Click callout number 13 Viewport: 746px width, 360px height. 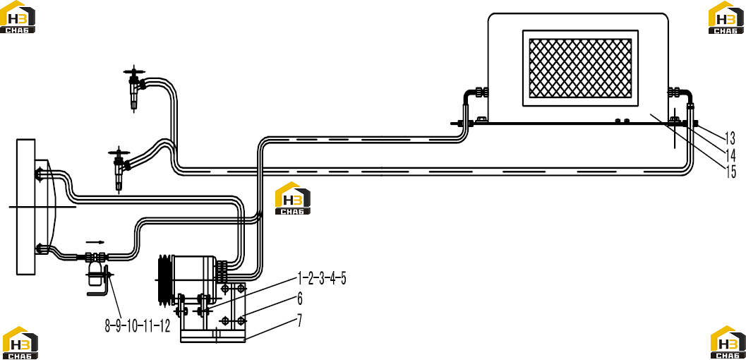click(730, 138)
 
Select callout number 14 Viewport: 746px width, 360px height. click(730, 155)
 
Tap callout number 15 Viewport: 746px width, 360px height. click(730, 172)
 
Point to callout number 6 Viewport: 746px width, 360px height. click(300, 299)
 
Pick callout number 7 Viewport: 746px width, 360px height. click(300, 320)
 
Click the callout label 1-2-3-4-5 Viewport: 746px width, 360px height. click(322, 278)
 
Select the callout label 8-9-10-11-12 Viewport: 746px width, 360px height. click(137, 326)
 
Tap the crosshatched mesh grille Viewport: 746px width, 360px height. click(580, 66)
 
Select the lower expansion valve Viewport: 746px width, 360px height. click(119, 167)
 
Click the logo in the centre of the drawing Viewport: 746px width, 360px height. click(293, 198)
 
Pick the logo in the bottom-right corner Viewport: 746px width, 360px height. click(728, 342)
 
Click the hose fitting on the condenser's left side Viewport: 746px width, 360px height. click(476, 92)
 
